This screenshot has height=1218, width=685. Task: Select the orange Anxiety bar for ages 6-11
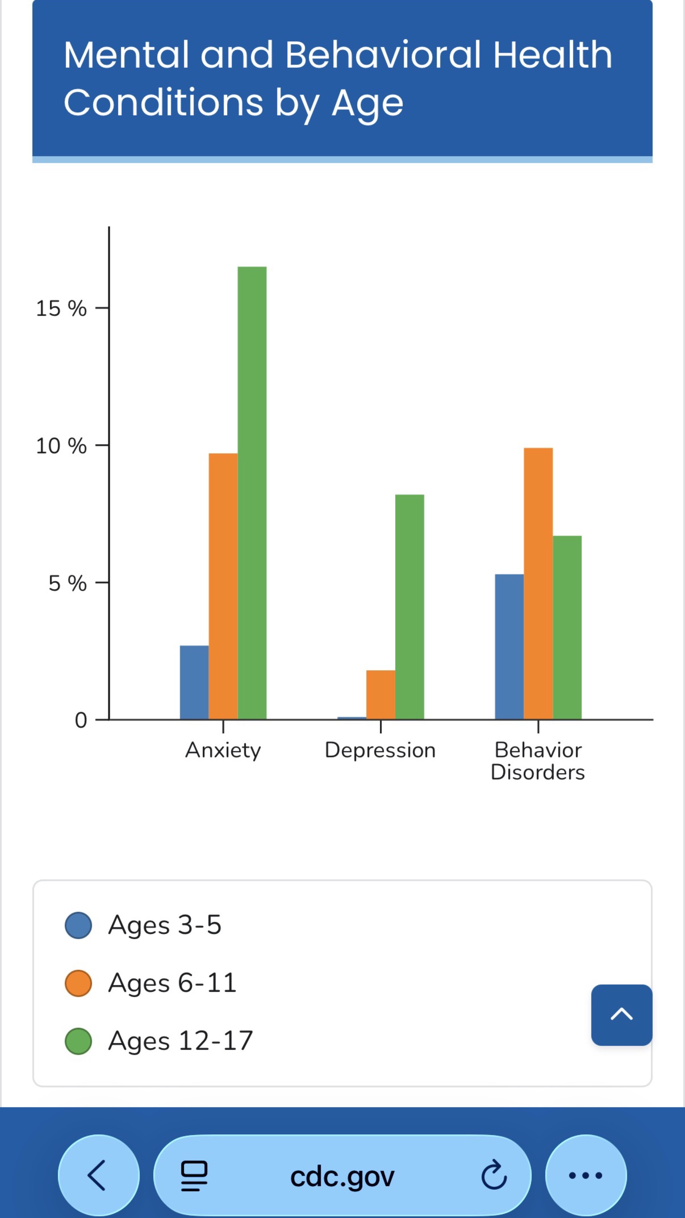coord(223,586)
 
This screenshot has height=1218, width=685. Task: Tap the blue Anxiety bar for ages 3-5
coord(194,682)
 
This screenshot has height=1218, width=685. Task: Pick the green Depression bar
coord(409,607)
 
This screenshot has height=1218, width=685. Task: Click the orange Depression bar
coord(381,695)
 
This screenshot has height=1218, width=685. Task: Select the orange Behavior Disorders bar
coord(538,584)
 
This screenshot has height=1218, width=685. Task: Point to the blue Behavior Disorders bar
coord(509,647)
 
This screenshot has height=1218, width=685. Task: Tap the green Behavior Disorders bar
coord(567,627)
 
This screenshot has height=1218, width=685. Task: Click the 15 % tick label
coord(62,308)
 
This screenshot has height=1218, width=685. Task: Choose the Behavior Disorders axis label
coord(538,761)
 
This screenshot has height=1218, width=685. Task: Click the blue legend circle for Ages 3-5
coord(78,925)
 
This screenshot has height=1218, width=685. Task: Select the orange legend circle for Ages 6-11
coord(78,983)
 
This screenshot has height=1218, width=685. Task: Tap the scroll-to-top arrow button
coord(622,1015)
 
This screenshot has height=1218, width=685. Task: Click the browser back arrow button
coord(98,1175)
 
